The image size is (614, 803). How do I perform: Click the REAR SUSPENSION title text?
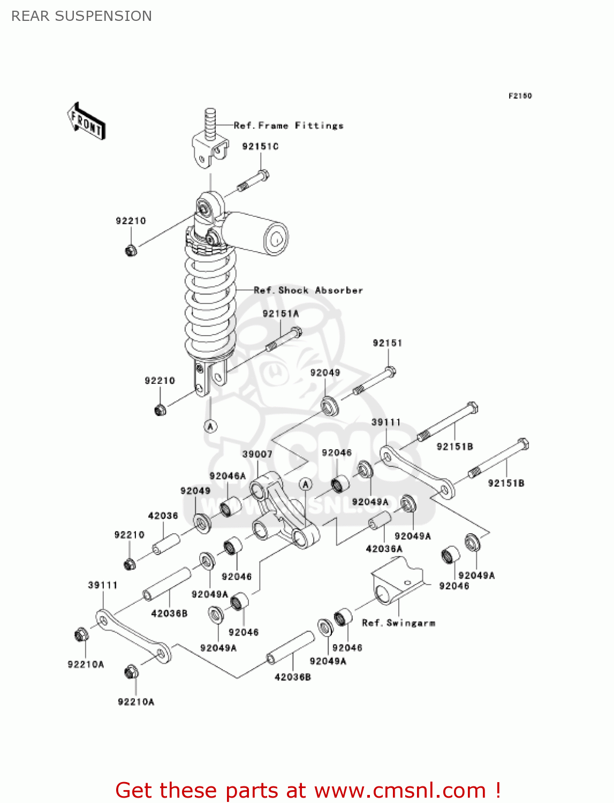tap(81, 16)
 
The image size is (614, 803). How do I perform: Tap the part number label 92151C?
tap(260, 147)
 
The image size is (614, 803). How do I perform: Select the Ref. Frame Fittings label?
tap(289, 126)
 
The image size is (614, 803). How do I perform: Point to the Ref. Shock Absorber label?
tap(308, 291)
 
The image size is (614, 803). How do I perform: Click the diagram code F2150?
tap(520, 96)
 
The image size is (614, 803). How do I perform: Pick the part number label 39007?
tap(257, 454)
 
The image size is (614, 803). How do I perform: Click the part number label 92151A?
tap(281, 314)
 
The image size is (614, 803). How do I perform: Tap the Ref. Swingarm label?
tap(399, 623)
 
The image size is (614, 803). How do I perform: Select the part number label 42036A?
tap(384, 549)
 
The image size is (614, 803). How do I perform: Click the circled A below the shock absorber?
tap(210, 427)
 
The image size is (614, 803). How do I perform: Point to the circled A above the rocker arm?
tap(305, 484)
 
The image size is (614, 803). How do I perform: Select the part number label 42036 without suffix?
tap(163, 516)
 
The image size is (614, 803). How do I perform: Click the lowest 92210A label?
tap(136, 702)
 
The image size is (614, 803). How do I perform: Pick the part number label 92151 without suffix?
tap(387, 343)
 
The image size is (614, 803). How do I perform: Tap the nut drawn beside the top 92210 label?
tap(131, 250)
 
